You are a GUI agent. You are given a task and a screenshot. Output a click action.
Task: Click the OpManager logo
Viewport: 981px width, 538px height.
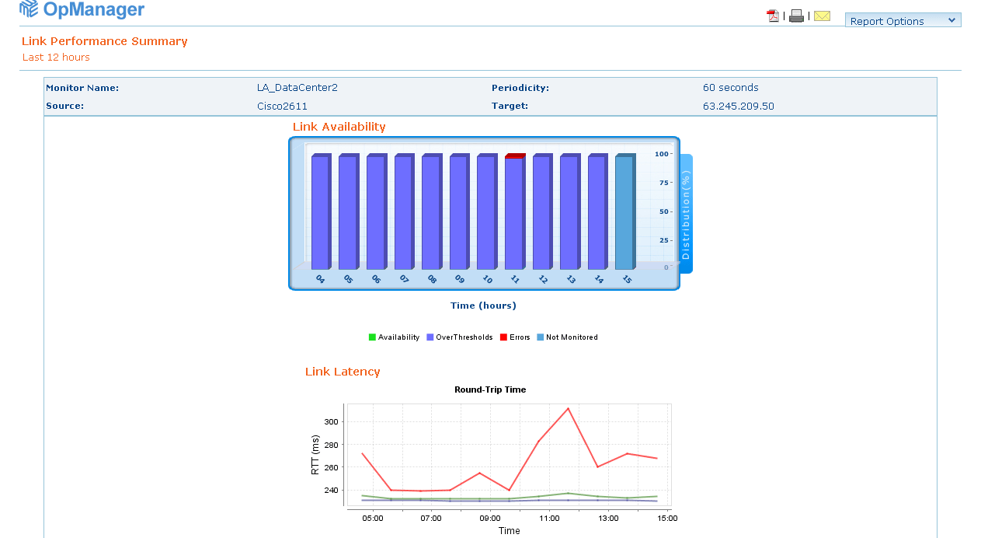tap(82, 9)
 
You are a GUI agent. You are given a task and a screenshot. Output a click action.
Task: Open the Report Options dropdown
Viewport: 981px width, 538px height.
tap(903, 21)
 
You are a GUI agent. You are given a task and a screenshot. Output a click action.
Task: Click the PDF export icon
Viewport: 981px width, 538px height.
tap(773, 16)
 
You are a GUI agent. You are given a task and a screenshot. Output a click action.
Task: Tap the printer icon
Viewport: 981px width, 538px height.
tap(796, 16)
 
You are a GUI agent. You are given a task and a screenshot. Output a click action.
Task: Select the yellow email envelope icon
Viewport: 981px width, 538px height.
tap(822, 16)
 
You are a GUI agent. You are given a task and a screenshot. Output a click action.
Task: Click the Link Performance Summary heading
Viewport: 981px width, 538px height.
tap(105, 41)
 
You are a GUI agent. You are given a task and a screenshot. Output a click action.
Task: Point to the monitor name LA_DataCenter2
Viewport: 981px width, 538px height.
tap(297, 88)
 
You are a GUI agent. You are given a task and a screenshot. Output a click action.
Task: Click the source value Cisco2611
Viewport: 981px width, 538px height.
tap(283, 107)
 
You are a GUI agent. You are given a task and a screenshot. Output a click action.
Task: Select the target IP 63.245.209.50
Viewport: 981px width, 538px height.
tap(739, 107)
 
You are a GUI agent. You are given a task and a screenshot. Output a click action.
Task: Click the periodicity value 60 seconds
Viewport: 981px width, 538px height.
tap(731, 88)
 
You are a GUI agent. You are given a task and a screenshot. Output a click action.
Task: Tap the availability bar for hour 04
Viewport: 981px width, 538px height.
tap(320, 211)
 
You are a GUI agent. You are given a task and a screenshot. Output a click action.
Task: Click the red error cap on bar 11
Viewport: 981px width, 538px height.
tap(514, 156)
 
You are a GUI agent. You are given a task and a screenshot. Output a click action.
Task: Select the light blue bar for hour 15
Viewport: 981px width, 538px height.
tap(624, 211)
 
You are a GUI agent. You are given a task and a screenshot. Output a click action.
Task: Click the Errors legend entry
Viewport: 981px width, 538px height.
tap(515, 337)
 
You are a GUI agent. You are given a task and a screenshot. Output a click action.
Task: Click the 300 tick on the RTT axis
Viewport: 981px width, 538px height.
tap(332, 422)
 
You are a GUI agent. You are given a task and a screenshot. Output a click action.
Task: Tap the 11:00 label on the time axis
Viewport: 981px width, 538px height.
tap(549, 518)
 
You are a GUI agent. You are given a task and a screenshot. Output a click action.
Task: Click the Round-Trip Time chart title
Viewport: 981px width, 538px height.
tap(490, 390)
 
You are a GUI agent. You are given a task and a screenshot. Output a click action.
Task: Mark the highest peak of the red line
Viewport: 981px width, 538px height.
tap(569, 408)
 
